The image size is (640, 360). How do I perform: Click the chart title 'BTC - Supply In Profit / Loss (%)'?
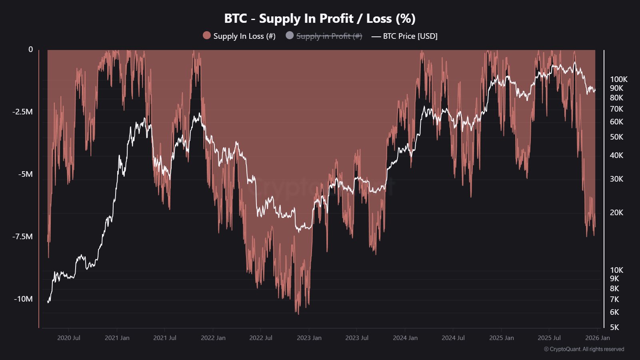click(x=320, y=18)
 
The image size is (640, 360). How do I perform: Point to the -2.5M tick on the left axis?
click(x=22, y=112)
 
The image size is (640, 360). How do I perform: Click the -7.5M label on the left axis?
click(x=22, y=236)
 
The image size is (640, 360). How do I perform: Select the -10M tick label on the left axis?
click(x=23, y=299)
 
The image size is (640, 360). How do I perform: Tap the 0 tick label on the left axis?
click(x=30, y=50)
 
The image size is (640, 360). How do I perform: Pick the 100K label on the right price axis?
click(x=618, y=79)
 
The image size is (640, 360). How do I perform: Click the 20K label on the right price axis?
click(x=616, y=212)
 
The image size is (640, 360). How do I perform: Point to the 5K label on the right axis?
click(x=614, y=327)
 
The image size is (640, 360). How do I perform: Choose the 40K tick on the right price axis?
click(x=616, y=155)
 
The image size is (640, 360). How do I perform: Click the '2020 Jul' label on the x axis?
click(x=68, y=338)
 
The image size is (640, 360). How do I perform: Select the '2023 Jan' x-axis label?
click(x=309, y=338)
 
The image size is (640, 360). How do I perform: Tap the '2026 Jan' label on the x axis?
click(x=597, y=338)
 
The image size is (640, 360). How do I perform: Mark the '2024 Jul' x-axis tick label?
click(x=453, y=338)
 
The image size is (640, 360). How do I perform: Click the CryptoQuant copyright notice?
click(x=584, y=349)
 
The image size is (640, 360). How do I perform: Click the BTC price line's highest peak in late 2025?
click(x=575, y=62)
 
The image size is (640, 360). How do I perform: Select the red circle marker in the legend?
click(x=207, y=36)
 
